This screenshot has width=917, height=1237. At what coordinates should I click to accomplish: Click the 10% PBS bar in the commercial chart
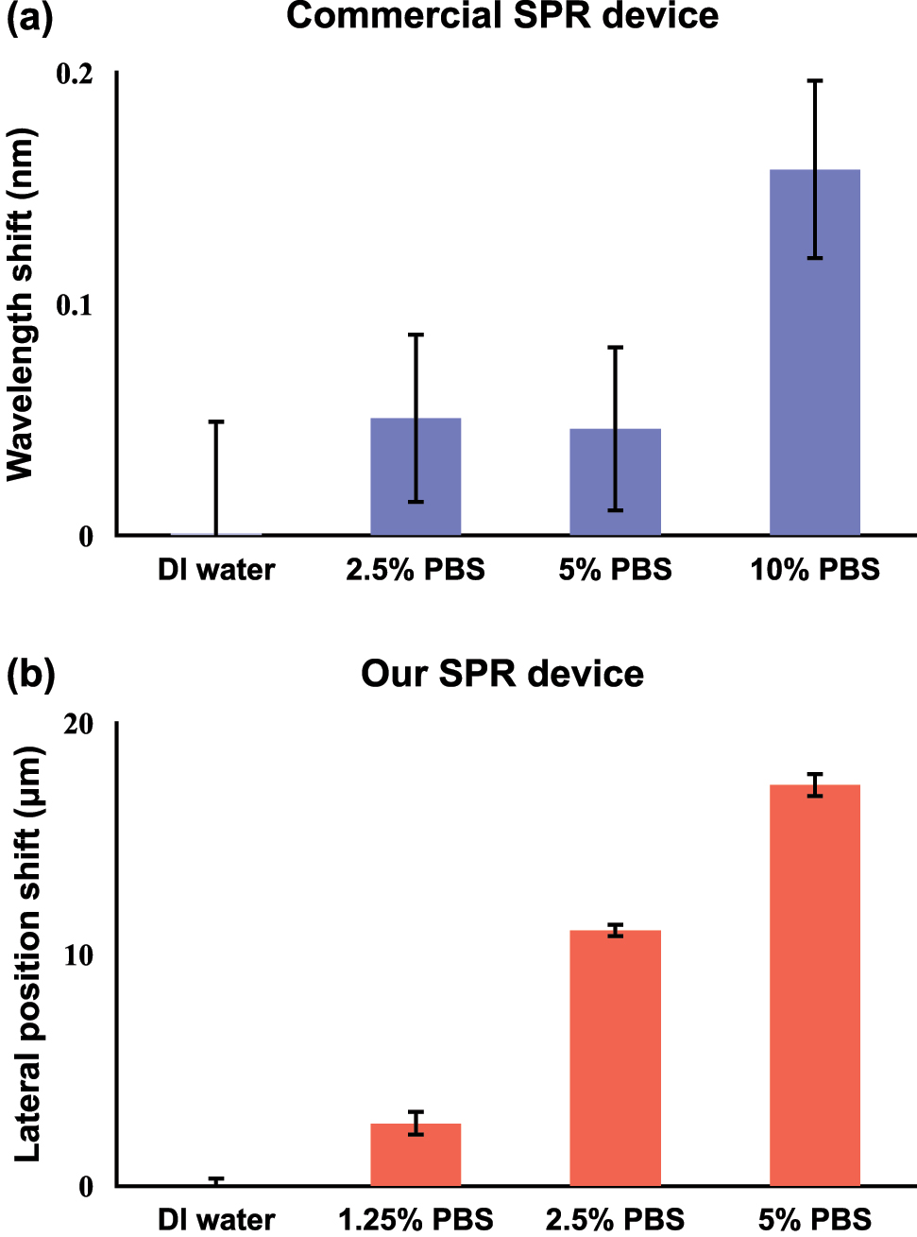814,378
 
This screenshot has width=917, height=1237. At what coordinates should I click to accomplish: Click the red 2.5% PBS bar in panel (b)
615,1057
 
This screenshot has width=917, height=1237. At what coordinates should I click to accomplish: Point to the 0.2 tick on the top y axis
75,73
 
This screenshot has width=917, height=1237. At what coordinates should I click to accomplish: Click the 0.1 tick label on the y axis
75,304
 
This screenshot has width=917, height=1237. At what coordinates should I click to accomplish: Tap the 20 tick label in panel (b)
78,724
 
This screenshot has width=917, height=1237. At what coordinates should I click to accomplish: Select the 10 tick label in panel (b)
78,955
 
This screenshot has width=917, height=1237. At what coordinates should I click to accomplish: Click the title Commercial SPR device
501,16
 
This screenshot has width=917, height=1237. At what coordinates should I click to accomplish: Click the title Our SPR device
501,674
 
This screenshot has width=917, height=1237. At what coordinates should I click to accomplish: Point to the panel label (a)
30,18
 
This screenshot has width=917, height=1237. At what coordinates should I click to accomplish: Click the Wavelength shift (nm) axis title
20,304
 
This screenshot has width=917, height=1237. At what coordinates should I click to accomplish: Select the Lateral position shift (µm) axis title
27,954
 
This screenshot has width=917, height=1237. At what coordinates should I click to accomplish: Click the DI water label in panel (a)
216,570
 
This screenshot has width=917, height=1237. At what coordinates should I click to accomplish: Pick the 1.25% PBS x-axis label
416,1219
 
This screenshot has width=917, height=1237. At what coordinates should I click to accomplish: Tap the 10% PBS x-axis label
814,570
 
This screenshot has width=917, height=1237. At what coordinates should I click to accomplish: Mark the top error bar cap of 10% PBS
814,81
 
